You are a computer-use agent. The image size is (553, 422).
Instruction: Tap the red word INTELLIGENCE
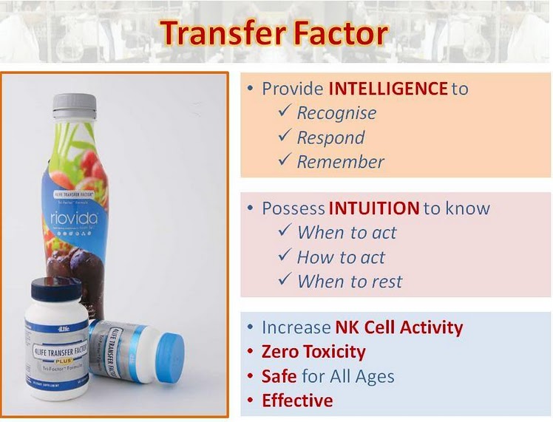388,89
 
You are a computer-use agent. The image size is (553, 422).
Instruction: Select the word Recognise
336,113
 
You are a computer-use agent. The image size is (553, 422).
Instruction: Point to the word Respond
330,137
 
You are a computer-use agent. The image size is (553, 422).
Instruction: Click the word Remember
340,162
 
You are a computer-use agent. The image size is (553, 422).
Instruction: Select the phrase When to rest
350,282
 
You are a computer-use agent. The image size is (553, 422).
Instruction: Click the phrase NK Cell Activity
398,327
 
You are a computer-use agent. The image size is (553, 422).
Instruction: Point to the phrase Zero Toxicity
313,352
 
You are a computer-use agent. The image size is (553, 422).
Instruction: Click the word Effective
297,401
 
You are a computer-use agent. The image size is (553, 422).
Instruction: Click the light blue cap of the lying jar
170,356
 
